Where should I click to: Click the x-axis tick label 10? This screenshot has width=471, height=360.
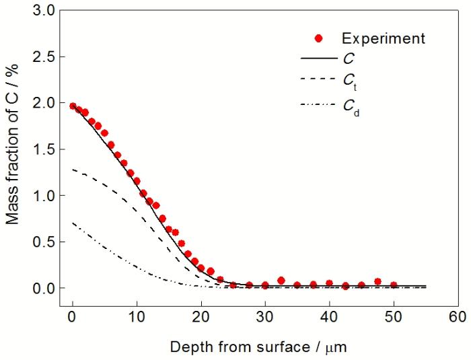coord(137,315)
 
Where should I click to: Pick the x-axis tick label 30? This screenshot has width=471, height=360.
coord(265,315)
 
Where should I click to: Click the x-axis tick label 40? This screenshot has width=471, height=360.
coord(329,315)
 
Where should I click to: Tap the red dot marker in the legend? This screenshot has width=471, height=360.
coord(319,38)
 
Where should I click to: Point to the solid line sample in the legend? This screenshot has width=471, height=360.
coord(319,59)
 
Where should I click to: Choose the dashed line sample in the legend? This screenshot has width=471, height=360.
coord(319,81)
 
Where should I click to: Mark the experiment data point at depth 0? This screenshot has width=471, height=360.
coord(73,106)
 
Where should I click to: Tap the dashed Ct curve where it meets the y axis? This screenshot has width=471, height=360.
coord(73,170)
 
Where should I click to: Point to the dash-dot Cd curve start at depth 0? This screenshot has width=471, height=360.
coord(73,223)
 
